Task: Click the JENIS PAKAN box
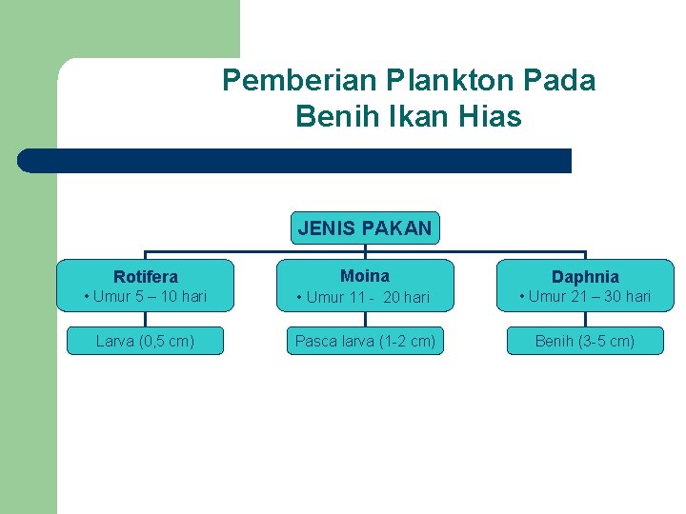point(365,228)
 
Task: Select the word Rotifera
point(146,277)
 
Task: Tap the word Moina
point(365,276)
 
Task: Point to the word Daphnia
point(585,277)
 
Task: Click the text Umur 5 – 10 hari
point(150,297)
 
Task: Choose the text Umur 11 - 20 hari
point(369,298)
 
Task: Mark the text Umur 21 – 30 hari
point(590,297)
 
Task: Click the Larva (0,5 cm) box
point(146,341)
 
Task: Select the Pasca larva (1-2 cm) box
point(365,341)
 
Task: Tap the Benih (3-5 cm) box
point(585,341)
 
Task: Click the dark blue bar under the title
point(295,161)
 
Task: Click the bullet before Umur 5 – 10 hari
point(88,297)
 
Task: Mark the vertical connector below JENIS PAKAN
point(365,249)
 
